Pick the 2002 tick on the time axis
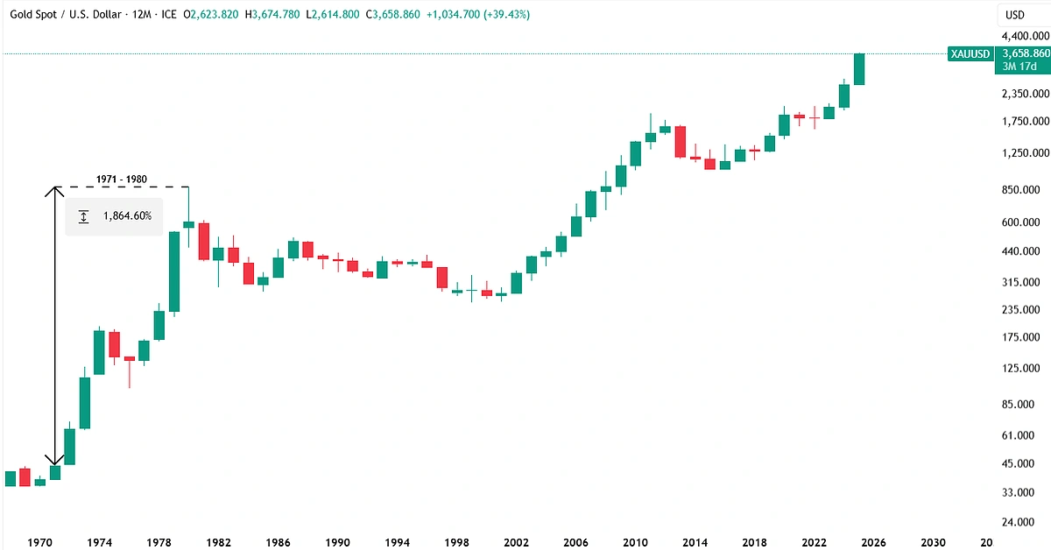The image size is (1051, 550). pyautogui.click(x=515, y=542)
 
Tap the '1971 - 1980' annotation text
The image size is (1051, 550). pyautogui.click(x=121, y=180)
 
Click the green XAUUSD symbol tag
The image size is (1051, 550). pyautogui.click(x=970, y=54)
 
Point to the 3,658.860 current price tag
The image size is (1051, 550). pyautogui.click(x=1022, y=54)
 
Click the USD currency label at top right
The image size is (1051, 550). pyautogui.click(x=1015, y=15)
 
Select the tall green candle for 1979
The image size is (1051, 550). pyautogui.click(x=174, y=271)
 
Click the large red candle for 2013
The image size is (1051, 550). pyautogui.click(x=680, y=142)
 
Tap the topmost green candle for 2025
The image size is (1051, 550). pyautogui.click(x=859, y=69)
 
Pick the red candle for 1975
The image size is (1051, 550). pyautogui.click(x=114, y=344)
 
